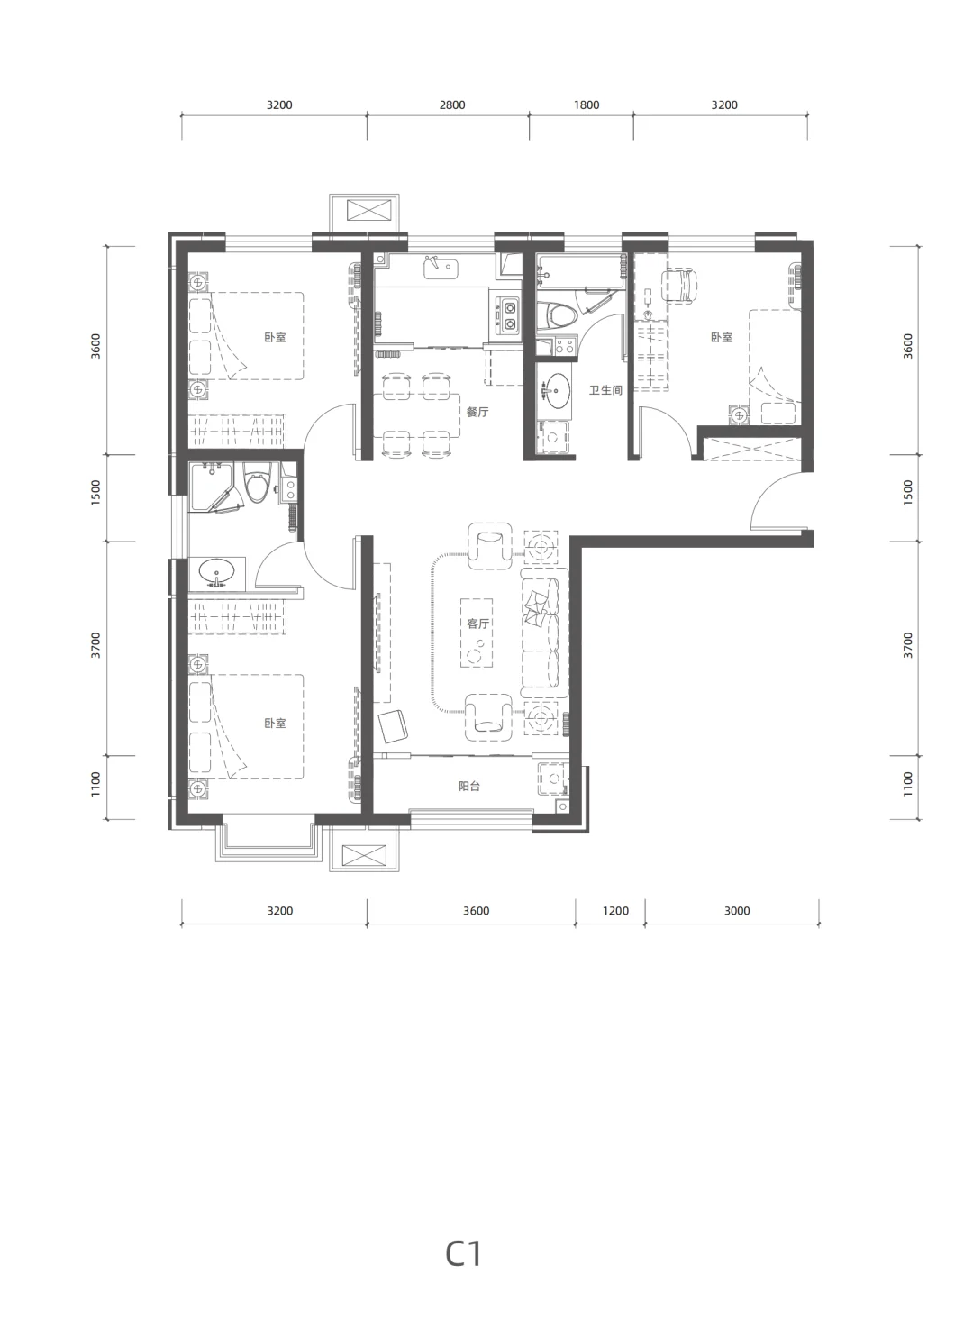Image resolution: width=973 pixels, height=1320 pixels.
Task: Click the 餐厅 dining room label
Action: tap(477, 412)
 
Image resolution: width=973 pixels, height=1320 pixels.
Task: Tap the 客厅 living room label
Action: tap(478, 624)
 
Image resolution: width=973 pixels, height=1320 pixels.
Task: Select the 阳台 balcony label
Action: tap(469, 786)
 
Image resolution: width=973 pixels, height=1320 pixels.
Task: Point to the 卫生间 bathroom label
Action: tap(605, 390)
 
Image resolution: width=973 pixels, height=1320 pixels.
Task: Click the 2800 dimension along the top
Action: tap(452, 105)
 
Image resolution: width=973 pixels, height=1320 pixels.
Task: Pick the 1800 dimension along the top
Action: tap(587, 105)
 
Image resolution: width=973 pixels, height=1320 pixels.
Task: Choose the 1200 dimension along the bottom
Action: tap(615, 910)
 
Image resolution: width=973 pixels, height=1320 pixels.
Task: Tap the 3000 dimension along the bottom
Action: tap(737, 910)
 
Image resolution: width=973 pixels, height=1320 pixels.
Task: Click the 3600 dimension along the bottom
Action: tap(476, 910)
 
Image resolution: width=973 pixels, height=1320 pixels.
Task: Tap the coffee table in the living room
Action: tap(477, 633)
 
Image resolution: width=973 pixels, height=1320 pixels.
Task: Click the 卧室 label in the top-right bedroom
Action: tap(722, 337)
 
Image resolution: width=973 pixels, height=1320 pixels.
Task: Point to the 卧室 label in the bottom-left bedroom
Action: tap(275, 723)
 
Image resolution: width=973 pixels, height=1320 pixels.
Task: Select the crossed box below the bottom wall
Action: tap(364, 855)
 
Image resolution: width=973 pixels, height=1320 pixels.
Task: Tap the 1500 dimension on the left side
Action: tap(95, 493)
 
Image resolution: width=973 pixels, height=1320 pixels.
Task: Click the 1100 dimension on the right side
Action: tap(907, 784)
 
